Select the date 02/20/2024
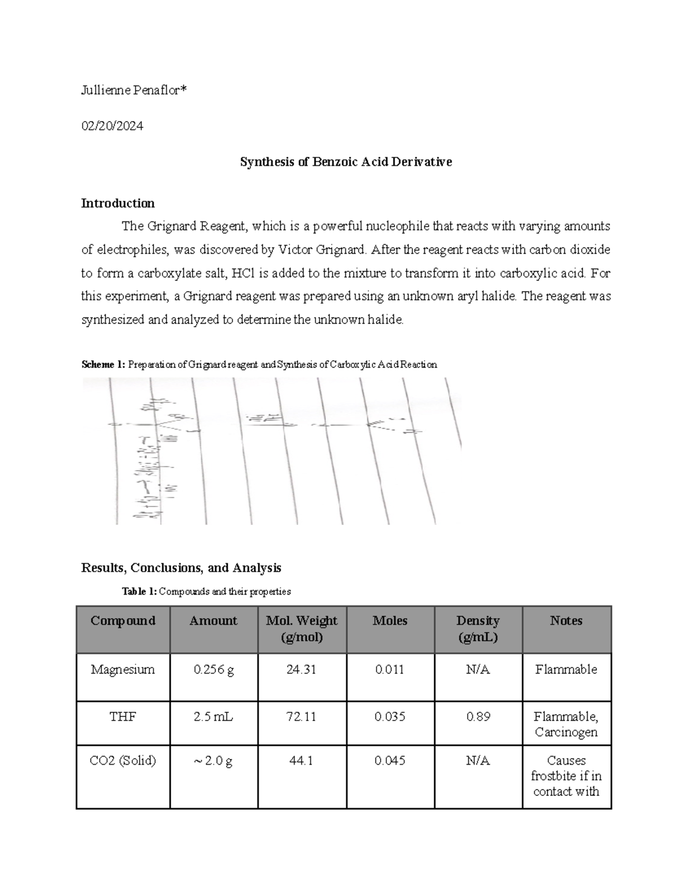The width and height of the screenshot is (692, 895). (112, 126)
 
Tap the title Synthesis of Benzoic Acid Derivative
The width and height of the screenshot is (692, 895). (345, 162)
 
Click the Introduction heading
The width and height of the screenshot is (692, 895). (118, 203)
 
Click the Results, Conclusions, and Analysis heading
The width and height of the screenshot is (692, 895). (181, 568)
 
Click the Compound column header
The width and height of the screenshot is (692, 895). (123, 621)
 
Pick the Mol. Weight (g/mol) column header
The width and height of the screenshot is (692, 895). (302, 629)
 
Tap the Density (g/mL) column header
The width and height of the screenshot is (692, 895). (477, 629)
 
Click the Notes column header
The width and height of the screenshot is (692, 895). (566, 621)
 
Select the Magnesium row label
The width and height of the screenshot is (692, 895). (123, 670)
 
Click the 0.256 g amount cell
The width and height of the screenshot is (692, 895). (213, 670)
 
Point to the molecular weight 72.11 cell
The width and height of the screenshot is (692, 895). (302, 717)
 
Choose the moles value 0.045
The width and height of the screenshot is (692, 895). (390, 761)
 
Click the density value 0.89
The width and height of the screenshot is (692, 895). (477, 717)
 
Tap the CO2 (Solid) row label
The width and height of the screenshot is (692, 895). (123, 761)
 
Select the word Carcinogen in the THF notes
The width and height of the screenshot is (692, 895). (566, 732)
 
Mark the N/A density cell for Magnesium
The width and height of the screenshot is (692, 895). (477, 670)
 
